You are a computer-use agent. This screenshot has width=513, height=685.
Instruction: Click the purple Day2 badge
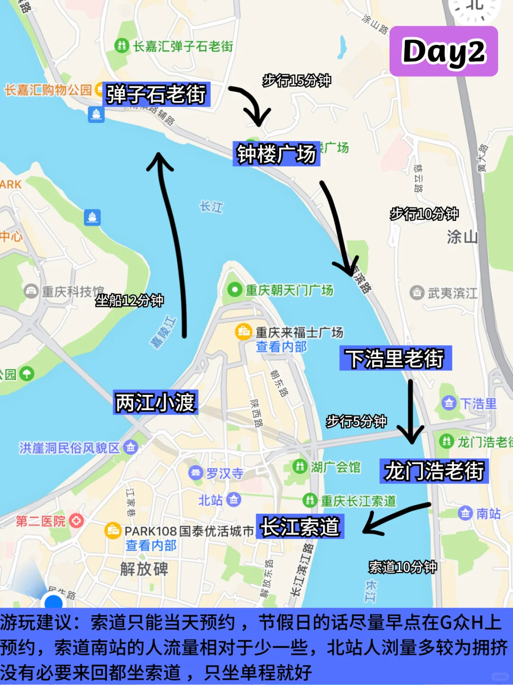(x=444, y=51)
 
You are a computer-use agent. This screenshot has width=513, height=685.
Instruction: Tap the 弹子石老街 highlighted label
(x=156, y=94)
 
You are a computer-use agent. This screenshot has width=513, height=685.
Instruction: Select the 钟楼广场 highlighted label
(x=276, y=154)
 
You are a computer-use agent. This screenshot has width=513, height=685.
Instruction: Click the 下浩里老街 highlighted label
(x=395, y=358)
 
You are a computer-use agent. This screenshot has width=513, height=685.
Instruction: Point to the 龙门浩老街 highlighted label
(x=434, y=471)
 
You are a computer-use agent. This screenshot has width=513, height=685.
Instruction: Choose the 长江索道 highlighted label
(x=300, y=527)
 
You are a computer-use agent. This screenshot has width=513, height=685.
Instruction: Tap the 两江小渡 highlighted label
(x=155, y=403)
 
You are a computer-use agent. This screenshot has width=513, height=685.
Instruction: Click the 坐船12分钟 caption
(x=129, y=300)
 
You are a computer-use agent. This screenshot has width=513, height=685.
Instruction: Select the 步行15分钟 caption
(x=296, y=81)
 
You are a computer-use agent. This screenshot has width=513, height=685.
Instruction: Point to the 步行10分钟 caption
(x=424, y=214)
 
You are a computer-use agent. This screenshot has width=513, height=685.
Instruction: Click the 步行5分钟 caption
(x=356, y=421)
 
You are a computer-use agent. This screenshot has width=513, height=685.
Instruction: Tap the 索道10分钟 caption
(x=402, y=567)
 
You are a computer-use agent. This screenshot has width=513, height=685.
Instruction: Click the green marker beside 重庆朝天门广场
(x=234, y=290)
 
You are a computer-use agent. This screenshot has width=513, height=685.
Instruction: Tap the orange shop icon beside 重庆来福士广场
(x=244, y=331)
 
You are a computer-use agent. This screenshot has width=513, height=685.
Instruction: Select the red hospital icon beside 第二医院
(x=76, y=521)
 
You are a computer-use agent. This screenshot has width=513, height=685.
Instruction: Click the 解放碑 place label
(x=144, y=569)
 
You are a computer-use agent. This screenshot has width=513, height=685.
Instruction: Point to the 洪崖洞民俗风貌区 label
(x=69, y=448)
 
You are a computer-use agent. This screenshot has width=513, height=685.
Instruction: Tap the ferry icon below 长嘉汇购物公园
(x=96, y=114)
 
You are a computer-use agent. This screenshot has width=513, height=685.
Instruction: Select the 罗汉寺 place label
(x=224, y=473)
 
